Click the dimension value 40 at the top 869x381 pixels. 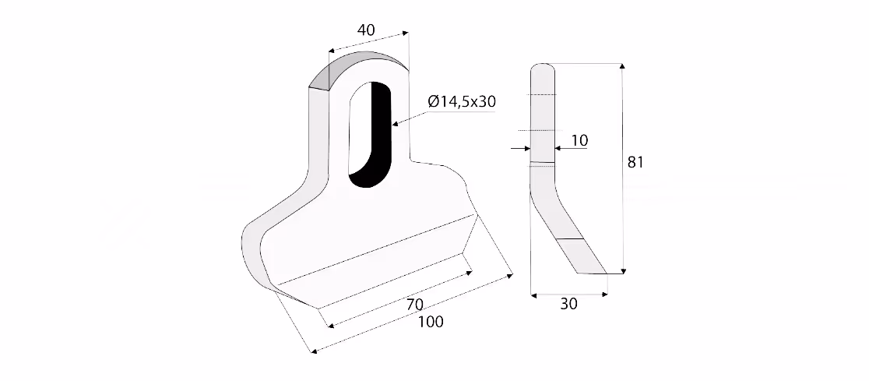click(x=366, y=30)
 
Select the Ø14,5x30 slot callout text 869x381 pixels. click(x=462, y=101)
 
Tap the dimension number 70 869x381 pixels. click(x=415, y=305)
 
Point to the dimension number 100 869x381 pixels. click(x=431, y=322)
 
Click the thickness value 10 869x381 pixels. click(x=579, y=141)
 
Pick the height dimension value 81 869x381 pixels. click(x=635, y=163)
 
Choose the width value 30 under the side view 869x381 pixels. click(x=568, y=304)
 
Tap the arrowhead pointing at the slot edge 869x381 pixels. click(x=395, y=124)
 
